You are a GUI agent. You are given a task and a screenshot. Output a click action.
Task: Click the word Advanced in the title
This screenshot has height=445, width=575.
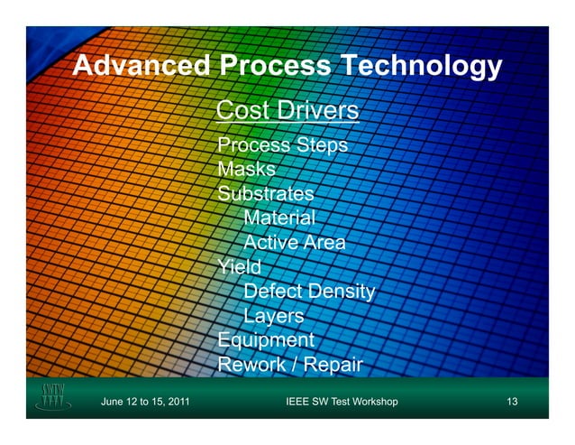point(141,67)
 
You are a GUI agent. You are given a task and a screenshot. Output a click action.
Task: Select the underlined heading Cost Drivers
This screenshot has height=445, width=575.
point(288,111)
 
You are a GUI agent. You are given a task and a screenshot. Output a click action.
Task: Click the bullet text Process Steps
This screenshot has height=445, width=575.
point(283,146)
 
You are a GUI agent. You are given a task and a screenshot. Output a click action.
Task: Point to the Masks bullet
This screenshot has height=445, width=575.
point(246,170)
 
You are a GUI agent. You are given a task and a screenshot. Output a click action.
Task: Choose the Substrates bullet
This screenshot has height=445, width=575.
point(266,194)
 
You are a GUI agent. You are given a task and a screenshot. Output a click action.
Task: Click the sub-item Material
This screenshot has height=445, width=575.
point(279,218)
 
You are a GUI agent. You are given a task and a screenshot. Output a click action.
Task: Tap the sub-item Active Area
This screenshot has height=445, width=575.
point(295,243)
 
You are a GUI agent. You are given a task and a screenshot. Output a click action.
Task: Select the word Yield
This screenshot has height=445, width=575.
point(240,267)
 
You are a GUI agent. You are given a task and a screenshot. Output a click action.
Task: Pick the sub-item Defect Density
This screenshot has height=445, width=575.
point(309,292)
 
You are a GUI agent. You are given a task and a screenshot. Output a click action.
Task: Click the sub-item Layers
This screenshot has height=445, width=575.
point(274,316)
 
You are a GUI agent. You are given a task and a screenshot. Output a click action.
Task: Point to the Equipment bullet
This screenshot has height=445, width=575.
point(266,340)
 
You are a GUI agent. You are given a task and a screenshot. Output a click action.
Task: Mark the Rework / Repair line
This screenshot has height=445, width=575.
point(290,365)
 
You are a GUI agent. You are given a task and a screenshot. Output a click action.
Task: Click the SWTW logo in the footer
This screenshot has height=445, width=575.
point(53,398)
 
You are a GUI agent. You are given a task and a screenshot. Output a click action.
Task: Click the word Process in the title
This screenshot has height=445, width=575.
point(274,67)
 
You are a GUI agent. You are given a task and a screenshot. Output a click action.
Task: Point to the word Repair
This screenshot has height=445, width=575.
point(333,365)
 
